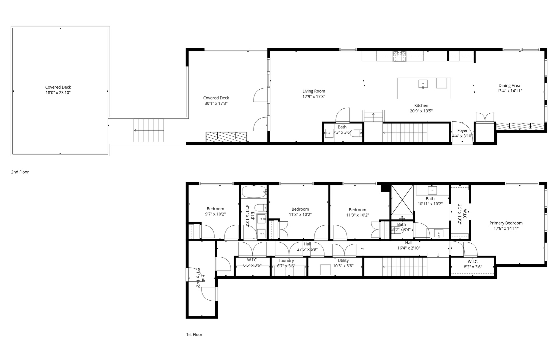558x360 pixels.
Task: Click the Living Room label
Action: pos(313,91)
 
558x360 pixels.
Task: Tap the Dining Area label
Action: pos(509,85)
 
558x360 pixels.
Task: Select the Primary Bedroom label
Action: pos(506,223)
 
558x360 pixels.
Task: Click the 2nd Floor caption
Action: pos(20,172)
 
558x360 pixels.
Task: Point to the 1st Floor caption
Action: pos(194,334)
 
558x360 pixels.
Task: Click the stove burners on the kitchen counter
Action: pos(399,56)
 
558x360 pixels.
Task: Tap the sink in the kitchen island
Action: pos(423,84)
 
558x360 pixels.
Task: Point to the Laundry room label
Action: pos(286,261)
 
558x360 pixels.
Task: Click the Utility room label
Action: pos(343,261)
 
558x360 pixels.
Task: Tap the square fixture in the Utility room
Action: pos(325,269)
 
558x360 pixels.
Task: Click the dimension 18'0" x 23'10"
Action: pos(58,93)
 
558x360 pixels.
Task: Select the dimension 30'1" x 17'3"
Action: pos(216,103)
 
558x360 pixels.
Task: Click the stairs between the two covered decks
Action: pos(149,130)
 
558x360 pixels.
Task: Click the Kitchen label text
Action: pos(421,106)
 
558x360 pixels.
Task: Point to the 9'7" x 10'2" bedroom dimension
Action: pos(215,214)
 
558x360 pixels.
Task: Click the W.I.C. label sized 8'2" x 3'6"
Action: pos(473,262)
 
